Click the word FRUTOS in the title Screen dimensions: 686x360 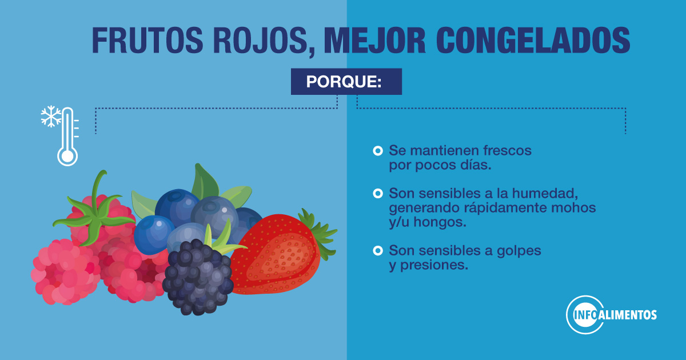tap(147, 41)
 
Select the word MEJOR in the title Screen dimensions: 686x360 tap(374, 41)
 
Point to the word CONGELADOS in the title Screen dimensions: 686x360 tap(533, 41)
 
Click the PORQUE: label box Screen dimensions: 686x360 tap(346, 81)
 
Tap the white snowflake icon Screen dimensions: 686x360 tap(51, 117)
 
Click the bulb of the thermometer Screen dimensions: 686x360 tap(67, 156)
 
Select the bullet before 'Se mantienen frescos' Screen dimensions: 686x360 tap(378, 151)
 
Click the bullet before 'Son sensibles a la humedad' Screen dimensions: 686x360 tap(378, 194)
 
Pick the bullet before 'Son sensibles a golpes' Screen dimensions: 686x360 tap(378, 251)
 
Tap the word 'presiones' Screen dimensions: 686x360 tap(434, 265)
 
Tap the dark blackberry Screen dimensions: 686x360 tap(198, 277)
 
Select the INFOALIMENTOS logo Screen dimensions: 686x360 tap(611, 315)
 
